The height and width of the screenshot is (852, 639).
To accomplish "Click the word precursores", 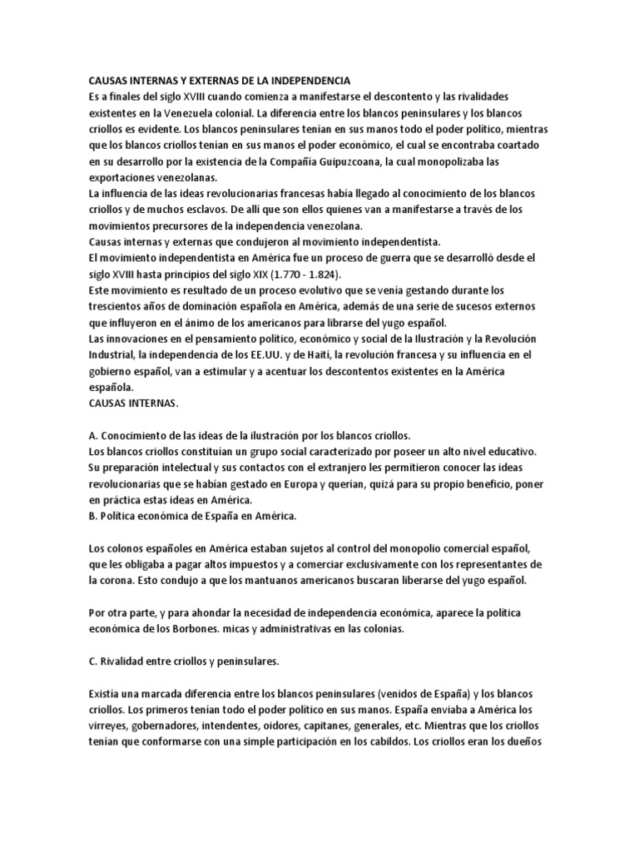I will (185, 225).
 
